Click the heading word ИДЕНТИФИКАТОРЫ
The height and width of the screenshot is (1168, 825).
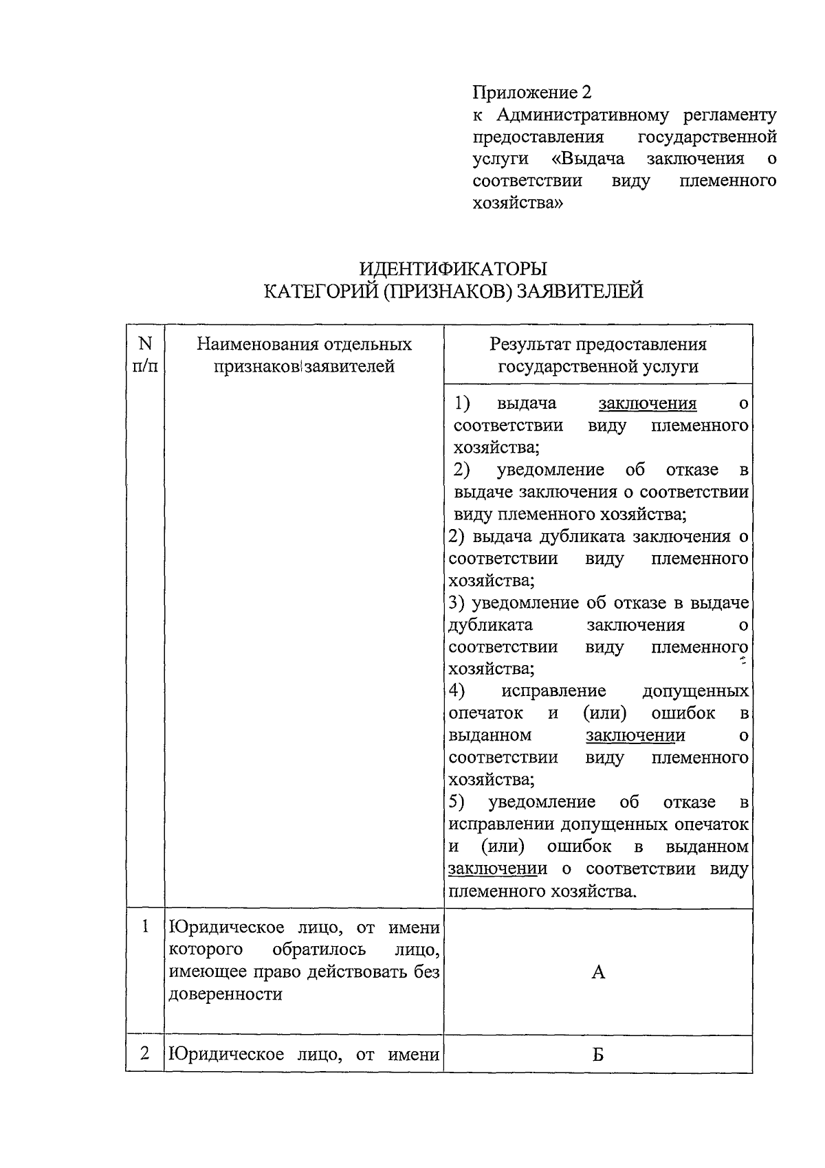tap(454, 268)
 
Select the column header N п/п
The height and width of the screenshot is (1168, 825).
tap(145, 355)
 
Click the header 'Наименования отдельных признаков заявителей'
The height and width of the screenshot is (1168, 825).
tap(304, 355)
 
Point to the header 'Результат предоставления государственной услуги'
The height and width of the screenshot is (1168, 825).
tap(598, 355)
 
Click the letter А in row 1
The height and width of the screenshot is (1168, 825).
tap(598, 972)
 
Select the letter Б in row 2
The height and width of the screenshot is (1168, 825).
tap(598, 1055)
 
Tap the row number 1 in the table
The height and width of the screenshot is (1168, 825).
tap(145, 927)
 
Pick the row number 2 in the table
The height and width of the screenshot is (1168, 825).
tap(145, 1053)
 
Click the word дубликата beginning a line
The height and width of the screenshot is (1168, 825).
tap(490, 625)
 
